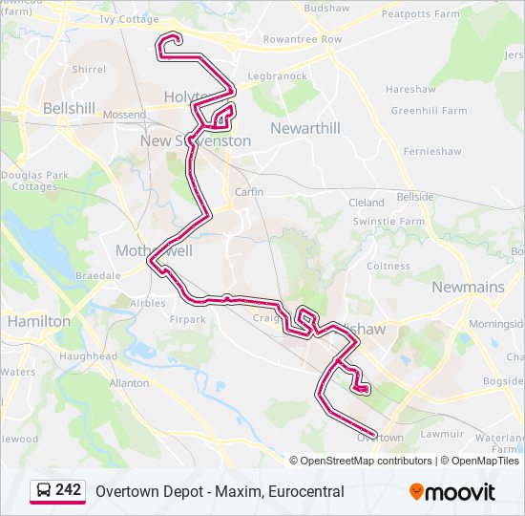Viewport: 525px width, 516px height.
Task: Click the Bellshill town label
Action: pyautogui.click(x=69, y=109)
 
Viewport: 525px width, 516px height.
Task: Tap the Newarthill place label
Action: pyautogui.click(x=304, y=128)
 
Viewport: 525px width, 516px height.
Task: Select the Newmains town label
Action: pyautogui.click(x=467, y=287)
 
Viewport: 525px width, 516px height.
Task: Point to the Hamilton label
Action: pyautogui.click(x=39, y=322)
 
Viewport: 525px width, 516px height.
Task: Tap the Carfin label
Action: pyautogui.click(x=249, y=192)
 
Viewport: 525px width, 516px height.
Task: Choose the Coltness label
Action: pyautogui.click(x=388, y=267)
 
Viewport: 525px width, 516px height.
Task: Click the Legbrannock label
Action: pyautogui.click(x=277, y=76)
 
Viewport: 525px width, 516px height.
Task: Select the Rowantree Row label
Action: pyautogui.click(x=303, y=39)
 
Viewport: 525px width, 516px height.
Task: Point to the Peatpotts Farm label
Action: pyautogui.click(x=420, y=14)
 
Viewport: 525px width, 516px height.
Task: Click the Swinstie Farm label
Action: pyautogui.click(x=388, y=221)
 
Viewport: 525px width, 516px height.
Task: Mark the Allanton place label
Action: pyautogui.click(x=130, y=383)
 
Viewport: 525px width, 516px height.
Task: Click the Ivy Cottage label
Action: pyautogui.click(x=129, y=18)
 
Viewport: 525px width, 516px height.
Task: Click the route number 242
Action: pyautogui.click(x=69, y=490)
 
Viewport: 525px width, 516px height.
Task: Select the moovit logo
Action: pyautogui.click(x=452, y=492)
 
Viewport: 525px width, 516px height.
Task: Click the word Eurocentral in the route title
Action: pyautogui.click(x=301, y=492)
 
